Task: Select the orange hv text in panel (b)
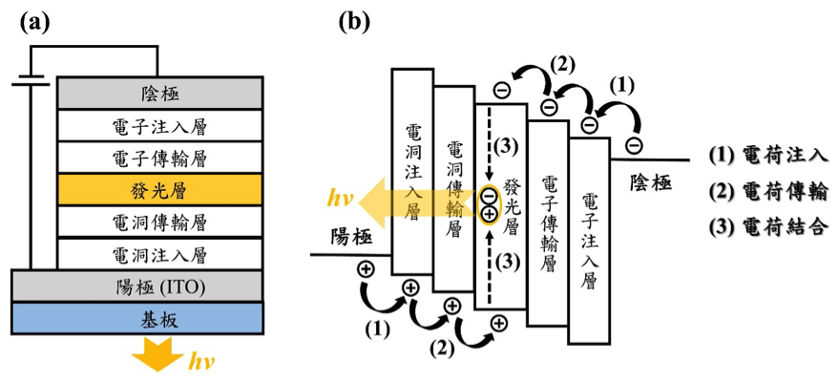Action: (343, 200)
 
